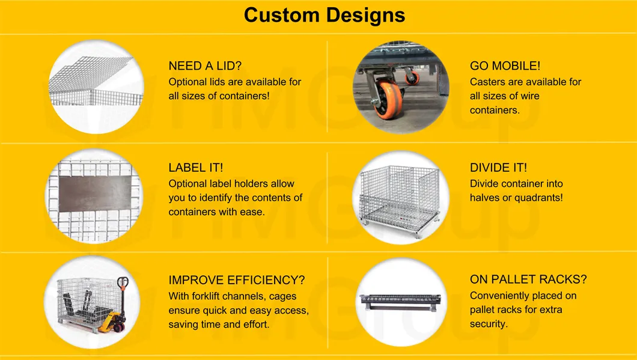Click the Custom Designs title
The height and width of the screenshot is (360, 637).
[x=325, y=15]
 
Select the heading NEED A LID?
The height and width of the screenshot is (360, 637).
[x=205, y=66]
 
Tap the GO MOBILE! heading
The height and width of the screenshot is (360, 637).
[x=505, y=66]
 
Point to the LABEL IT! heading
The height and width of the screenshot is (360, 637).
[x=196, y=168]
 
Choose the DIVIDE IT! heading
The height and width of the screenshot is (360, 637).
[x=498, y=168]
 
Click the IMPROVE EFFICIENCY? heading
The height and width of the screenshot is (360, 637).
[x=237, y=280]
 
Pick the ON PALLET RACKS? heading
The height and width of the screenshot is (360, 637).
[x=528, y=279]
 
